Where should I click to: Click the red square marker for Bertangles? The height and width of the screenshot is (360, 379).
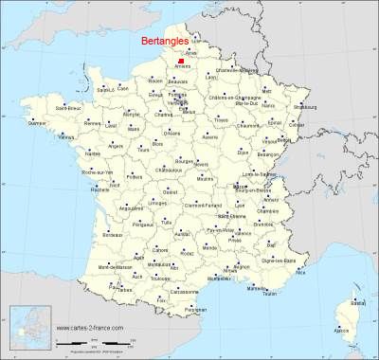coord(180,62)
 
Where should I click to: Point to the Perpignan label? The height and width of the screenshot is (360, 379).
coord(195,310)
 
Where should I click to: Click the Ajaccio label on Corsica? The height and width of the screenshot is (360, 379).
coord(342,330)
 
